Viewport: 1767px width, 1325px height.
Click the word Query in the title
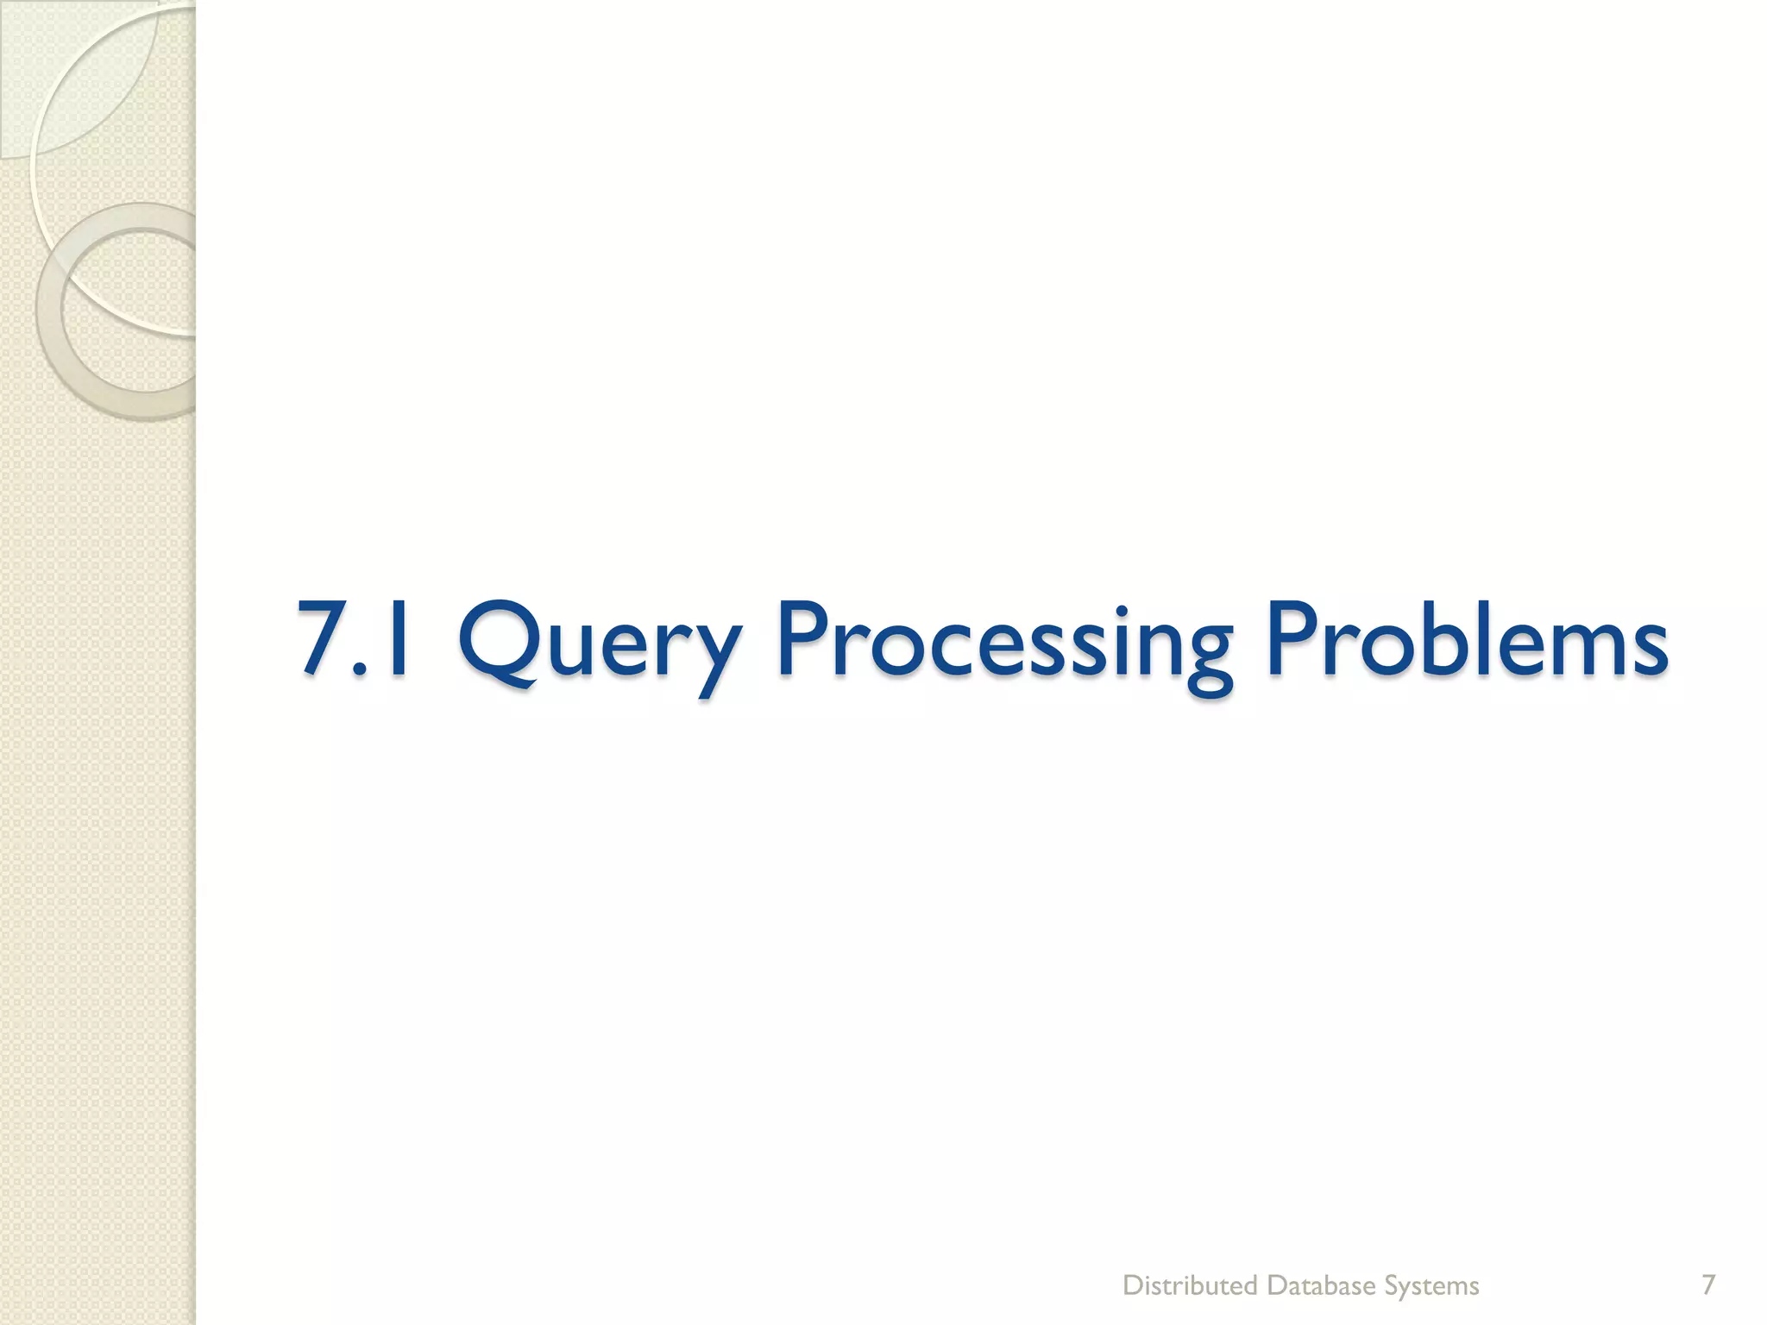pos(599,643)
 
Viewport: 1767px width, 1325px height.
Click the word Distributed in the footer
pos(1190,1286)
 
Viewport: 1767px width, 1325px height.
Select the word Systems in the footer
pos(1431,1286)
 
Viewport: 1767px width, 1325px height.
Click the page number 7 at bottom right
pos(1707,1284)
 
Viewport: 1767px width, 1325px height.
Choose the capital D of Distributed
pos(1131,1285)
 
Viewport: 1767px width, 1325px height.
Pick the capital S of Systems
pos(1393,1285)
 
